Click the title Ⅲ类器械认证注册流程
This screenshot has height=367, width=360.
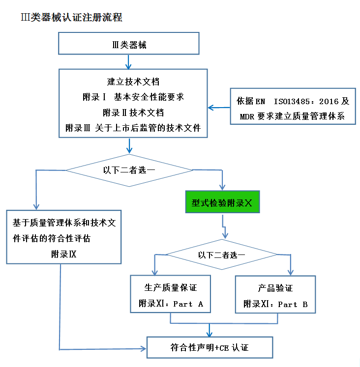point(71,18)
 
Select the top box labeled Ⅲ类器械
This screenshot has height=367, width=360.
point(129,44)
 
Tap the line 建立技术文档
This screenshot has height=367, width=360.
point(133,82)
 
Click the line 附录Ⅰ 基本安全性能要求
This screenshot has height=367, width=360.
point(133,97)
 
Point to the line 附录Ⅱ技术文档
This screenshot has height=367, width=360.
point(133,112)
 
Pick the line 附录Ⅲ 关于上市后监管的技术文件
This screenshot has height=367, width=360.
point(133,128)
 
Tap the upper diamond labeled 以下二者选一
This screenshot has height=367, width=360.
point(129,170)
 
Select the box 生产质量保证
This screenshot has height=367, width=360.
point(171,294)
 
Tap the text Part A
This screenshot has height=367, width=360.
point(188,304)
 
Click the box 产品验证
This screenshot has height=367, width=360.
point(275,294)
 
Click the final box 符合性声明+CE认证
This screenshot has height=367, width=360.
point(210,348)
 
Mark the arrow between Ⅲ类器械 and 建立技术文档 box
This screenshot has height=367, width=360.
point(129,62)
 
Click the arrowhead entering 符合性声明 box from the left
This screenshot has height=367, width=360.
point(144,348)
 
